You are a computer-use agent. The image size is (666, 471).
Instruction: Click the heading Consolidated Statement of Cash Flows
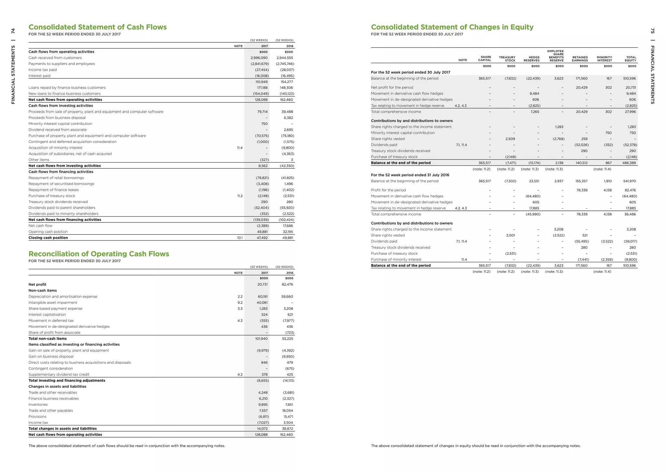tap(98, 27)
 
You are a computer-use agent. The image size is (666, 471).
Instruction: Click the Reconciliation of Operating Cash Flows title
tap(99, 254)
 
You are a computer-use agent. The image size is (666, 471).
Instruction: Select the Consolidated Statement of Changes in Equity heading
tap(452, 27)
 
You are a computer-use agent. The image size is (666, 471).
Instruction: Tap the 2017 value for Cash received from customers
tap(259, 58)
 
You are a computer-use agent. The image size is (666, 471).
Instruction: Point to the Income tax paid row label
tap(43, 70)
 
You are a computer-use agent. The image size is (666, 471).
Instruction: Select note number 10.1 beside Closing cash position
tap(240, 238)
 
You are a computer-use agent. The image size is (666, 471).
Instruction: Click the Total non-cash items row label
tap(47, 339)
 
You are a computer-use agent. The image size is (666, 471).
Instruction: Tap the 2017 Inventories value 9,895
tap(263, 405)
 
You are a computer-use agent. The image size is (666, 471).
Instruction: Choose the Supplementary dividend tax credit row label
tap(59, 375)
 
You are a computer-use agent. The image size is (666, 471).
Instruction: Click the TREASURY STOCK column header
tap(507, 59)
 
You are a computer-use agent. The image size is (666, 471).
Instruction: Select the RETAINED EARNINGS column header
tap(580, 59)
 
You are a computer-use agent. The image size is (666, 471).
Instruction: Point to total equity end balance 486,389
tap(629, 163)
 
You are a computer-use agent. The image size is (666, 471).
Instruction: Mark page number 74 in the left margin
tap(13, 31)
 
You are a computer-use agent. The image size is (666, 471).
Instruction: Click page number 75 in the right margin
tap(652, 31)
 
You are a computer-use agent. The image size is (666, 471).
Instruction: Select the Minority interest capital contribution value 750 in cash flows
tap(264, 124)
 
